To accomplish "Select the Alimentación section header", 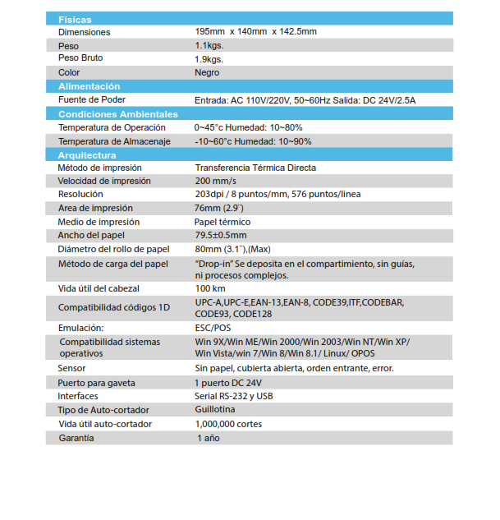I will [x=89, y=86].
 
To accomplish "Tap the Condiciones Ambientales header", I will [x=117, y=114].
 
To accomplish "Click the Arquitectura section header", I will [x=87, y=155].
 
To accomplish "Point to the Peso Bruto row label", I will [x=80, y=58].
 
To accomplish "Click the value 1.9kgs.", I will [x=209, y=59].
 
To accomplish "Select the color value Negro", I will [x=207, y=72].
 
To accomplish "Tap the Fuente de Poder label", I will [x=90, y=99].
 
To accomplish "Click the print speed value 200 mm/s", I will [x=215, y=181].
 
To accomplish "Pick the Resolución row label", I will [x=80, y=194].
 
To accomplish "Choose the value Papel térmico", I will [x=222, y=222].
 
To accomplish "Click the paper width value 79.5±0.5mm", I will [x=220, y=235].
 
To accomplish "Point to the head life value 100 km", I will [x=210, y=289].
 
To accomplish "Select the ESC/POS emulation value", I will [x=213, y=328].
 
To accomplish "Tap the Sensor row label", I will [x=71, y=368].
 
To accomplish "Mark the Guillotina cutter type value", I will [x=214, y=409].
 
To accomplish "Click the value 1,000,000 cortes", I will [x=228, y=424].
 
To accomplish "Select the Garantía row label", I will [x=76, y=438].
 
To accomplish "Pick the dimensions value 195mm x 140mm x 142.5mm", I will [x=255, y=31].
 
